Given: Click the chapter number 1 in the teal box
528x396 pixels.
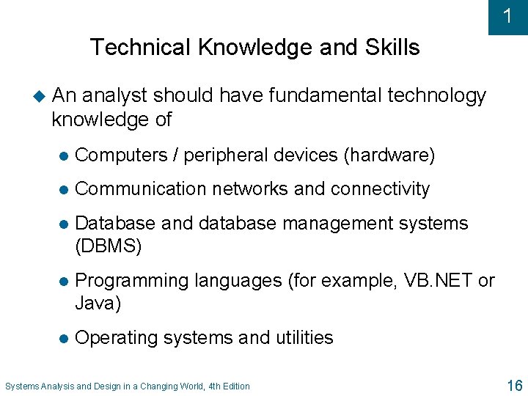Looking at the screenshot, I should (507, 16).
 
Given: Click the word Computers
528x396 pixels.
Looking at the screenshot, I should (122, 155).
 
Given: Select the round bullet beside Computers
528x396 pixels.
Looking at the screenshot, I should (63, 156).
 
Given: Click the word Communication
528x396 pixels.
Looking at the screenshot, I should (139, 188).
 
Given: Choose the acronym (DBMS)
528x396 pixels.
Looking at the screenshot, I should (109, 246).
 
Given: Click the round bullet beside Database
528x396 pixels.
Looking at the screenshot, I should (63, 224).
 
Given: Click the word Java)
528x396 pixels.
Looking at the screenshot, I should (98, 303).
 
